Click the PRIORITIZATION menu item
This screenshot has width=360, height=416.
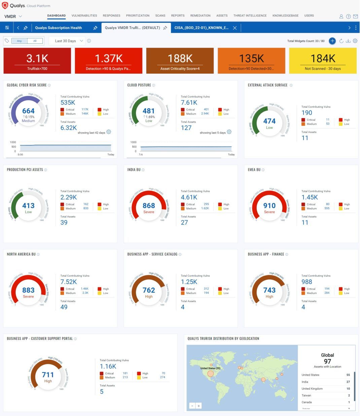click(x=138, y=15)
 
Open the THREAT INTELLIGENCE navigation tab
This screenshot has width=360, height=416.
click(x=250, y=15)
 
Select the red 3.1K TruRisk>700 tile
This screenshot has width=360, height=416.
click(x=37, y=61)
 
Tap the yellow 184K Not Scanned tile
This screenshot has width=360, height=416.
click(x=322, y=61)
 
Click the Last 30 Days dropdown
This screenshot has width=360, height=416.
click(x=67, y=41)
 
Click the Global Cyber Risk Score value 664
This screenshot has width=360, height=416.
click(x=28, y=111)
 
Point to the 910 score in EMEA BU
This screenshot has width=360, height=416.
click(x=269, y=206)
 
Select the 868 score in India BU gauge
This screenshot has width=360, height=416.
click(x=149, y=206)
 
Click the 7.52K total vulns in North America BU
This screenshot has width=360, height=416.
click(x=69, y=282)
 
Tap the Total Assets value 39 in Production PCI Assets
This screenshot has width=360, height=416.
click(x=64, y=222)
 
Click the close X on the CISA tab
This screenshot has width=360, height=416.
click(x=235, y=28)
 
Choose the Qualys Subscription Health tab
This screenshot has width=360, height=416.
click(x=58, y=28)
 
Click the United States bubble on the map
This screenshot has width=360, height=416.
click(x=211, y=374)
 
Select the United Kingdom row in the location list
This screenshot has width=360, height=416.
click(x=312, y=389)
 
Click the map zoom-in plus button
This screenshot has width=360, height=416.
click(x=199, y=406)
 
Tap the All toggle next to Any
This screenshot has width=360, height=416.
click(x=35, y=41)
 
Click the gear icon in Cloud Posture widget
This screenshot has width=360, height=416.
click(x=229, y=132)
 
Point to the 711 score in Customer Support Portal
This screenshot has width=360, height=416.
click(x=48, y=375)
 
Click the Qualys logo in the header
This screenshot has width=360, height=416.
click(x=5, y=5)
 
